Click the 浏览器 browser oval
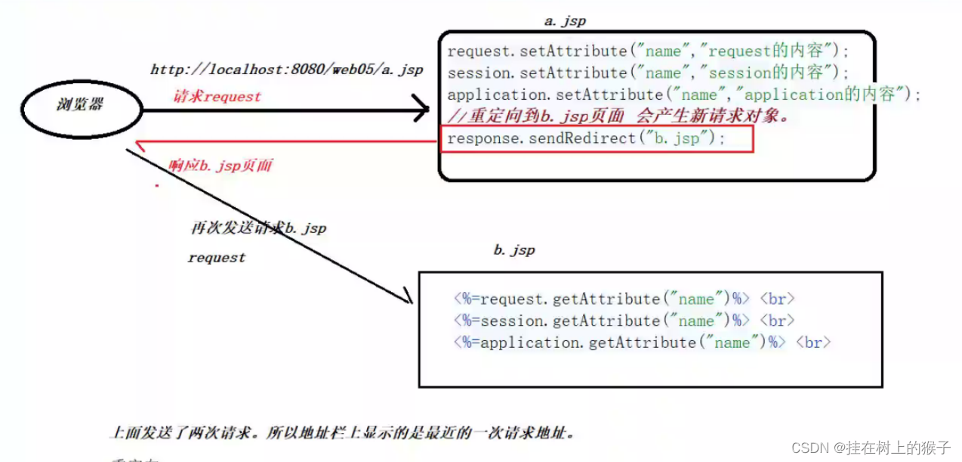[x=82, y=104]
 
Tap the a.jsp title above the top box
[x=565, y=20]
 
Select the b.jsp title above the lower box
[x=514, y=250]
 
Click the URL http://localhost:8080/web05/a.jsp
[x=287, y=70]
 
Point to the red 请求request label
[x=217, y=97]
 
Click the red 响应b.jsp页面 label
[x=220, y=166]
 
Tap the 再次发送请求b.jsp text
[x=259, y=228]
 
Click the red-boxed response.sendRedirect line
[x=586, y=139]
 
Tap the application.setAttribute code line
[x=684, y=95]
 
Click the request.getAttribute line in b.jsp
[x=624, y=299]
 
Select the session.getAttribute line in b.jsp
[x=624, y=321]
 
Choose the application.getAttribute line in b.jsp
[x=642, y=343]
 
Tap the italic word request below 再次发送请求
[x=217, y=258]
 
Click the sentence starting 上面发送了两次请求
[x=344, y=433]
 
